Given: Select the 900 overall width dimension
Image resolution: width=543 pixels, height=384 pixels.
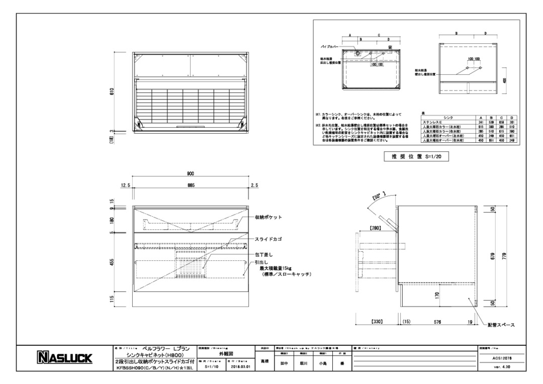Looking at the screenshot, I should coord(191,174).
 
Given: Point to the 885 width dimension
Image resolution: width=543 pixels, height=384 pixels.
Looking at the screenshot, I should coord(191,185).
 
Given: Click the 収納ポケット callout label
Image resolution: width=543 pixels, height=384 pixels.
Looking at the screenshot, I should coord(268,217).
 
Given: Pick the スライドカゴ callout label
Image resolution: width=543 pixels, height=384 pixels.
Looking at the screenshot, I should coord(267,240).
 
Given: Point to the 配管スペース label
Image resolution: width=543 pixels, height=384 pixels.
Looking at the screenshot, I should coord(501,325).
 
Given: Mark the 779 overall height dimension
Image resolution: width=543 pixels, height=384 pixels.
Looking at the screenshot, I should coord(505,256).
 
